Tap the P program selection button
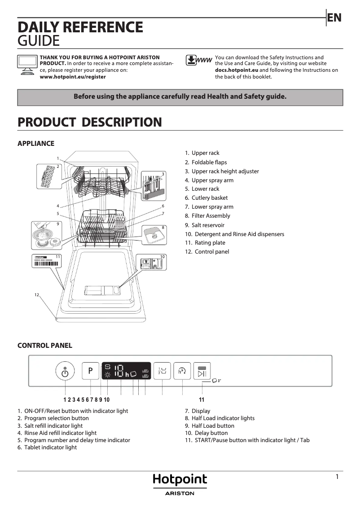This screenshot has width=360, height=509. coord(90,371)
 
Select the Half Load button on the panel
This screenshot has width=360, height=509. coord(162,371)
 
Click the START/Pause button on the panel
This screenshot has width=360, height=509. coord(202,371)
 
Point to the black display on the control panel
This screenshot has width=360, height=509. coord(126,371)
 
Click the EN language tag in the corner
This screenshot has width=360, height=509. coord(334,18)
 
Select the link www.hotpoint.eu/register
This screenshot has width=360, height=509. coord(73,77)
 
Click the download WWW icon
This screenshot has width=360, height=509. coord(198,61)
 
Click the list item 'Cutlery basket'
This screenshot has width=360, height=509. coord(209,198)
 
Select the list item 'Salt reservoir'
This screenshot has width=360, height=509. coord(208,225)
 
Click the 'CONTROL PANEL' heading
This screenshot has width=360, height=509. coord(44,346)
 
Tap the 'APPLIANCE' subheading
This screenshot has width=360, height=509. coord(35,144)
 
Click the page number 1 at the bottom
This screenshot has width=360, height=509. coord(337,477)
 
